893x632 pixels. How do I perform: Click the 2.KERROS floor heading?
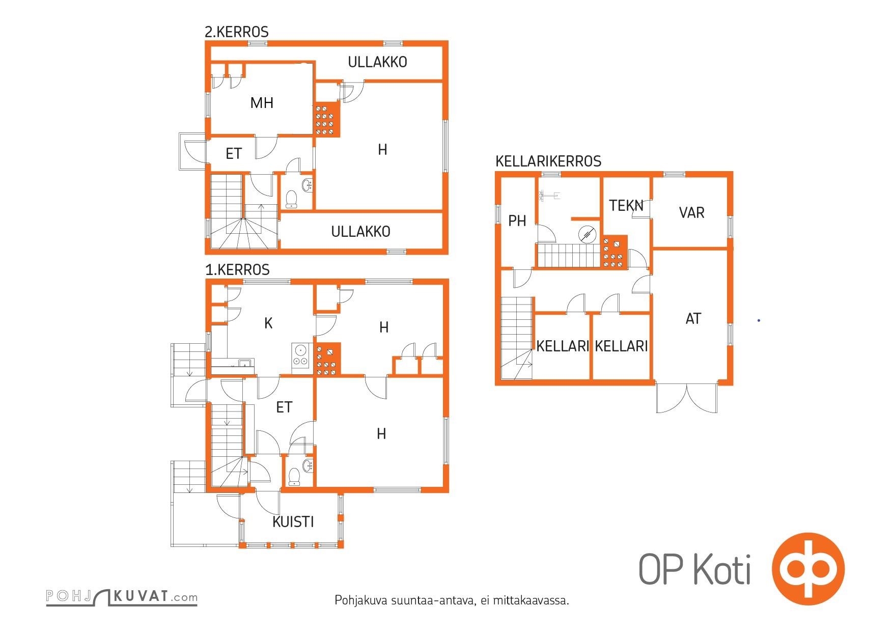[236, 32]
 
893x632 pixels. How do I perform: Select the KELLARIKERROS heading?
[548, 161]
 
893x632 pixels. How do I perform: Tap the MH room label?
[262, 103]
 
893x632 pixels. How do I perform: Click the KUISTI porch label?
[293, 521]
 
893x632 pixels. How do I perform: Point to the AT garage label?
[693, 319]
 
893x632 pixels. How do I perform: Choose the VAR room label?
[691, 212]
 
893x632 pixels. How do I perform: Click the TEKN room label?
[626, 205]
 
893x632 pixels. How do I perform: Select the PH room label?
[517, 221]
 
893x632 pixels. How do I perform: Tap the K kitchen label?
[268, 323]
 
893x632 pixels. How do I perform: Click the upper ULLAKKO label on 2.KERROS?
[377, 62]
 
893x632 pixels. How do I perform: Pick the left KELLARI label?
[563, 346]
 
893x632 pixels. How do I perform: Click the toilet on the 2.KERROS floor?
[291, 199]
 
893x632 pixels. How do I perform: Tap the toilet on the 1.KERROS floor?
[294, 477]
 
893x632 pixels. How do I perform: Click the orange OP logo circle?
[808, 568]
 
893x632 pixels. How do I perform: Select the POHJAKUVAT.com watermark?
[121, 597]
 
